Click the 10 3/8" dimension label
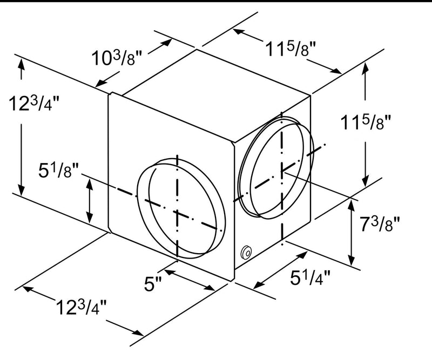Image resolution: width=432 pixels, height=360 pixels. point(117,57)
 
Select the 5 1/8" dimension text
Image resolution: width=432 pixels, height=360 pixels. point(58,170)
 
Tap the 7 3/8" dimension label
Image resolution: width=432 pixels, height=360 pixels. point(380,223)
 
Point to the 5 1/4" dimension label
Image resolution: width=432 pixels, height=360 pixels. point(310,277)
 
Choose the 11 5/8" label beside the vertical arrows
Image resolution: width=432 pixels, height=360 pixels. point(366,122)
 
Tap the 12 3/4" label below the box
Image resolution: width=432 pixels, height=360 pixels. point(81,307)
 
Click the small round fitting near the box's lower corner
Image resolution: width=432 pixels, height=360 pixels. point(246,252)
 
